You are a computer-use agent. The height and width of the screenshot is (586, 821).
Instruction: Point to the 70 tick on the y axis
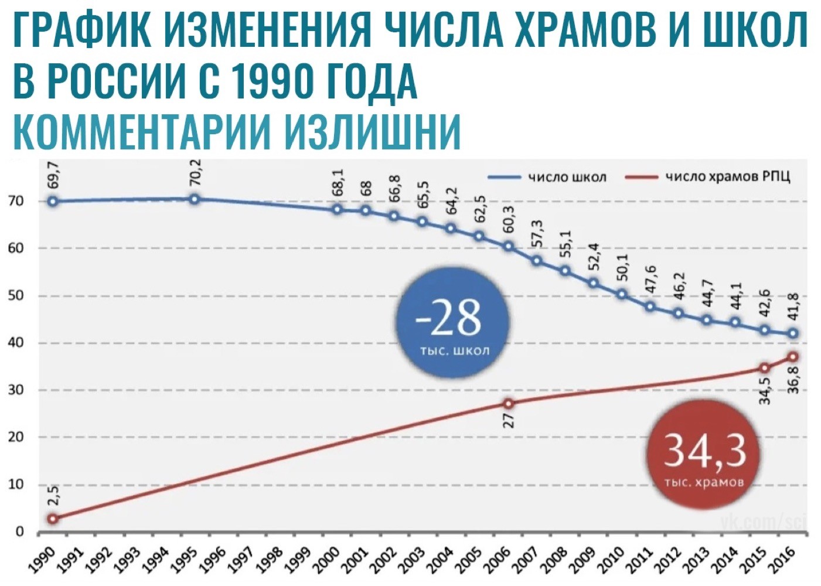click(x=16, y=201)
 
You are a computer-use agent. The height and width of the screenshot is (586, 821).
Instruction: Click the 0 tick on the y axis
click(x=20, y=532)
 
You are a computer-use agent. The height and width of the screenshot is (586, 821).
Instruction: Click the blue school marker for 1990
click(x=53, y=201)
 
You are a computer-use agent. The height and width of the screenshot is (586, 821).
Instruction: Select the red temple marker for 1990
click(x=53, y=519)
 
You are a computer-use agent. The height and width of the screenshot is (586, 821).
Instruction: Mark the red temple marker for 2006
click(x=508, y=403)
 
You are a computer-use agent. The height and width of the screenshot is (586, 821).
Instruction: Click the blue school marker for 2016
click(x=793, y=333)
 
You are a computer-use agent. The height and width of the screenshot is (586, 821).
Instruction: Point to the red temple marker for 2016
click(x=793, y=357)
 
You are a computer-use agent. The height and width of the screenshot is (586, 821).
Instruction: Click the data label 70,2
click(x=195, y=172)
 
